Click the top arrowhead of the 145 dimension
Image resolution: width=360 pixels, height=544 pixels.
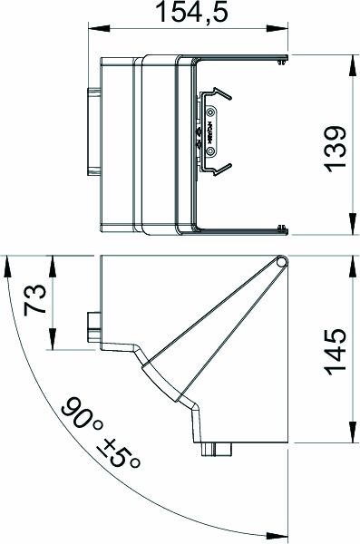click(x=353, y=262)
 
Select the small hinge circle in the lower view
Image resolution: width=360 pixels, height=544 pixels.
click(x=283, y=262)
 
